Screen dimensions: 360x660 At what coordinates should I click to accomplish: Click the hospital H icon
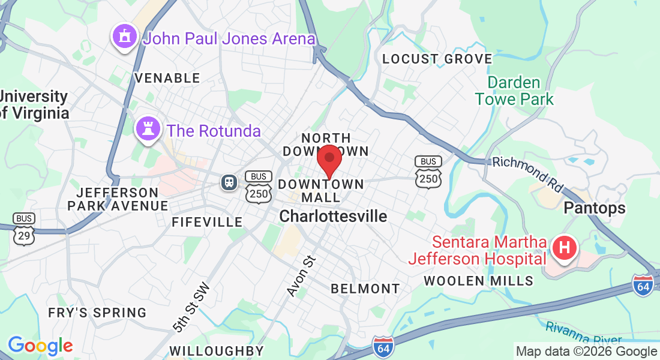pos(564,247)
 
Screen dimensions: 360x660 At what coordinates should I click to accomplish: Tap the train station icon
pos(229,181)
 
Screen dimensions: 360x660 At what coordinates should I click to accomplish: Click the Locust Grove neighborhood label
pos(437,59)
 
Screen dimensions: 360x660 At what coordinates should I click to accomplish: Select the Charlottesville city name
pos(334,216)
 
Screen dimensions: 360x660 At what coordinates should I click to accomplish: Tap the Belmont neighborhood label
pos(365,289)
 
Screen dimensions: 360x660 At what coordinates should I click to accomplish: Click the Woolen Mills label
pos(478,281)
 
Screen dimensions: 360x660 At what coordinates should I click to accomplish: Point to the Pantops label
pos(594,208)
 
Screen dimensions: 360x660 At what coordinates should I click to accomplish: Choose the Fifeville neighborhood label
pos(207,222)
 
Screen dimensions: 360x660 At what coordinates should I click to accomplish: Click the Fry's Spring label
pos(97,313)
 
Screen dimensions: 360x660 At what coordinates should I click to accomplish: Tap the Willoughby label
pos(216,350)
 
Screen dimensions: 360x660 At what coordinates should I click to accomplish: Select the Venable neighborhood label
pos(167,78)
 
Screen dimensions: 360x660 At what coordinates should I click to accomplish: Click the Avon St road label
pos(301,275)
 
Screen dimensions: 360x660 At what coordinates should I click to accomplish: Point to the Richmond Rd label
pos(527,175)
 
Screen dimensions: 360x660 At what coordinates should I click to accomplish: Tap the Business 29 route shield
pos(24,229)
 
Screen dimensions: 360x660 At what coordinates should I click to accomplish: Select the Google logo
pos(40,346)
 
